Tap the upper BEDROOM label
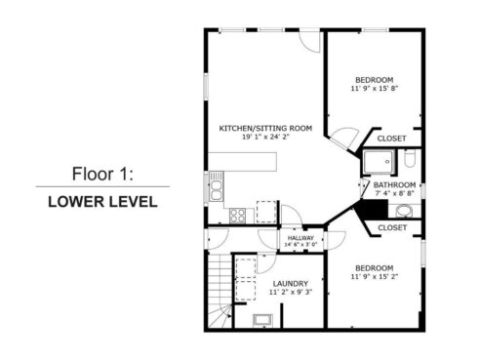[374, 79]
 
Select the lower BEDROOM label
[374, 268]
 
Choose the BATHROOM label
[394, 185]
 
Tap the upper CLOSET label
[391, 139]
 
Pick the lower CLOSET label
[391, 227]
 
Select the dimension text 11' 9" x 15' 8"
[374, 89]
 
